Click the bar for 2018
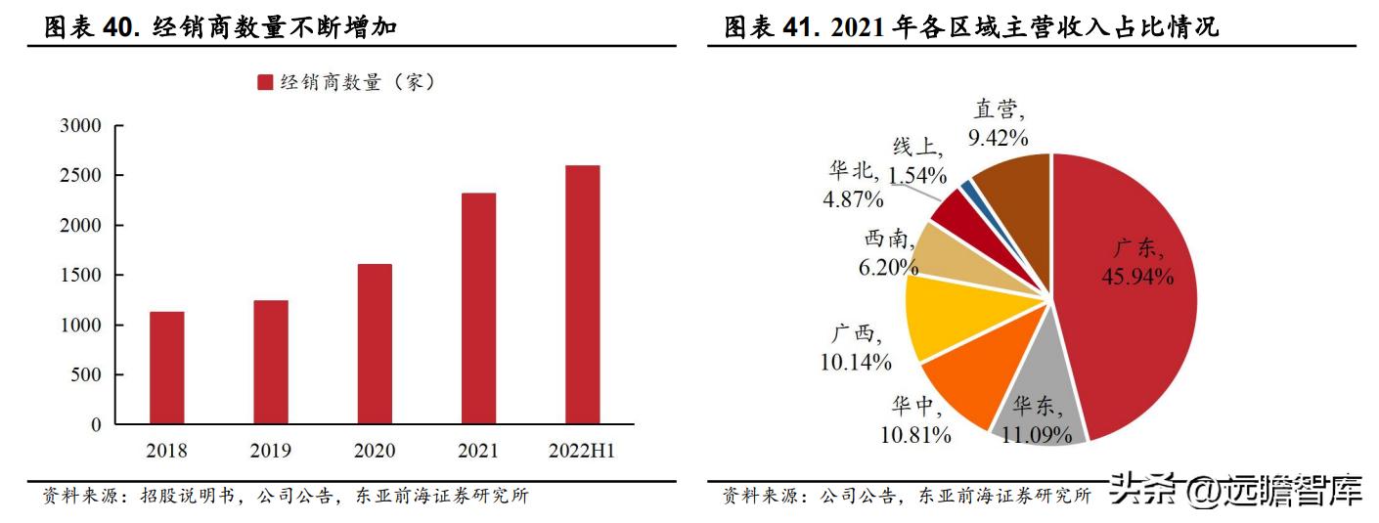[167, 368]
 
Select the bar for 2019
[271, 362]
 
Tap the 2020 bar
[375, 344]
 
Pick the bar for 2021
[478, 309]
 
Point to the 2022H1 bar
[582, 295]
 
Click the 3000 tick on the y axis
[80, 126]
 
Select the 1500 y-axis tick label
[80, 276]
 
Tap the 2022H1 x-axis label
[582, 451]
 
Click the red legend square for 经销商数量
[265, 83]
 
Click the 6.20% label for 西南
[888, 265]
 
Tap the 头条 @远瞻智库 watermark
[1236, 490]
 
